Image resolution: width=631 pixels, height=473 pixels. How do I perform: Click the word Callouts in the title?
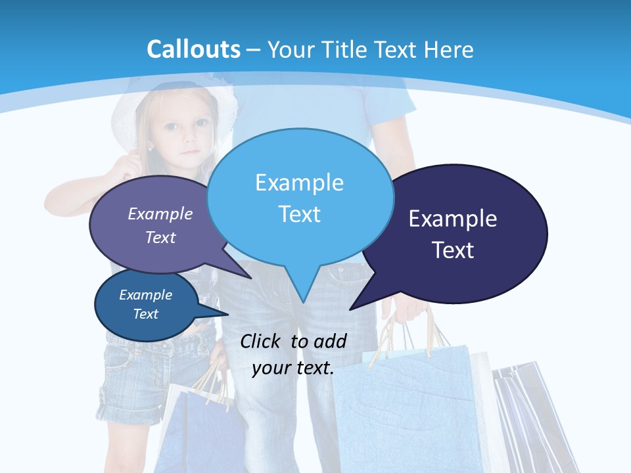pyautogui.click(x=194, y=49)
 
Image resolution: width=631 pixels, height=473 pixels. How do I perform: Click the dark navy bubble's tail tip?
pyautogui.click(x=351, y=308)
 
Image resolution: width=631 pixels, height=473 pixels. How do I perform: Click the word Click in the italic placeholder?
pyautogui.click(x=262, y=342)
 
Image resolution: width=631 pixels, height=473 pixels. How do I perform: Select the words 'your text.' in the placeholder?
pyautogui.click(x=293, y=368)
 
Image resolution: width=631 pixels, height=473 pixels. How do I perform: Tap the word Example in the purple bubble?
pyautogui.click(x=160, y=214)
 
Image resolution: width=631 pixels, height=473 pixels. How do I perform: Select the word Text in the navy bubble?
pyautogui.click(x=453, y=250)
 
